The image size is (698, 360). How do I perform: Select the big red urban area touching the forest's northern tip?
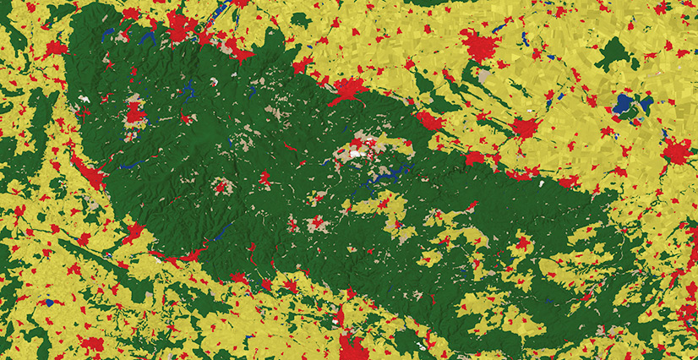180,30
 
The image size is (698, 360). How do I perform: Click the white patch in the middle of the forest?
356,154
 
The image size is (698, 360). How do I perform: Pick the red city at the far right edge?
677,152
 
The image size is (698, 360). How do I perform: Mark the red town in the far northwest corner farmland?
56,47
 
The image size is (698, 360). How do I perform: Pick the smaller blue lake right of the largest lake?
646,104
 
